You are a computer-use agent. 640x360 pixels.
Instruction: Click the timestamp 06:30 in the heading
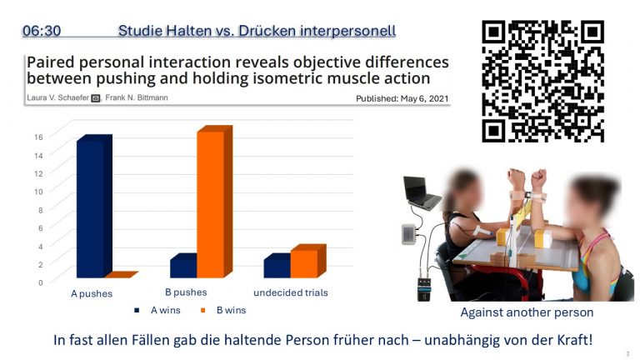tap(42, 31)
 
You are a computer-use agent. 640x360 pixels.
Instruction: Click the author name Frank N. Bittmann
tap(137, 98)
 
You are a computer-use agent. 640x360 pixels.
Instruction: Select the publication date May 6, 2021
tap(424, 98)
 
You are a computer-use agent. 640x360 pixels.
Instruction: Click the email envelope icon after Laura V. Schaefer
tap(96, 98)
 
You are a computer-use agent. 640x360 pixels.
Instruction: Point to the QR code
tap(542, 81)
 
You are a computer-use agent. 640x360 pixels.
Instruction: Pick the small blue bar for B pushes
tap(183, 266)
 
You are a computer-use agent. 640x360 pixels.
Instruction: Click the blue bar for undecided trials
tap(277, 266)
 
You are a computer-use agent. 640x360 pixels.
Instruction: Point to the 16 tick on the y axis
tap(38, 137)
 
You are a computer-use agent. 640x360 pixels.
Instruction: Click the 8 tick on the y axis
tap(40, 210)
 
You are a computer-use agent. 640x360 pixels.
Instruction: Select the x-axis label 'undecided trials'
tap(291, 292)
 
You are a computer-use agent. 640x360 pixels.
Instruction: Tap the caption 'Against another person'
tap(527, 312)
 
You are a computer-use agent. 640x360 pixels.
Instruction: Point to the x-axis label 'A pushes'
tap(92, 294)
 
